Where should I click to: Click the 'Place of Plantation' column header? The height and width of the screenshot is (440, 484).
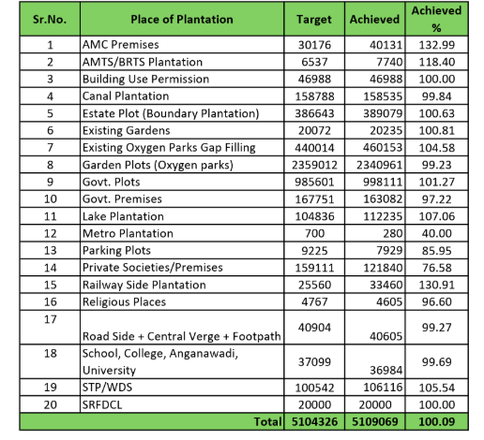click(182, 20)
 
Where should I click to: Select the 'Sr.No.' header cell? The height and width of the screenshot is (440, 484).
click(50, 20)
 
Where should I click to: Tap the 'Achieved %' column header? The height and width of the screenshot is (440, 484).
click(436, 19)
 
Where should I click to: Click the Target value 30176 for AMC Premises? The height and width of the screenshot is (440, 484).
click(314, 45)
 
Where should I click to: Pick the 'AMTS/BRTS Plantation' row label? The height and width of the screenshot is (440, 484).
click(143, 62)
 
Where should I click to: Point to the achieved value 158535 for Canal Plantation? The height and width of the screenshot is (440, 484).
click(383, 96)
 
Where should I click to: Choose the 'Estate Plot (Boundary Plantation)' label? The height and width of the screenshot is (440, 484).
click(171, 113)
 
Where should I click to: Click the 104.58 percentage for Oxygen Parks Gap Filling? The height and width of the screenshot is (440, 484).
click(436, 148)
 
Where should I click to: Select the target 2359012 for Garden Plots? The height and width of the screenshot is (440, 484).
click(314, 165)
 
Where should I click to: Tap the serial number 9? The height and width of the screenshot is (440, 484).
click(50, 182)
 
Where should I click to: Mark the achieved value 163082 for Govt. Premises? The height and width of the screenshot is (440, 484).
click(383, 199)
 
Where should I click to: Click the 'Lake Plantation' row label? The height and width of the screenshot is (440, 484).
click(123, 216)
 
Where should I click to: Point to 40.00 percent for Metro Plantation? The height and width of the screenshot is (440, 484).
click(436, 233)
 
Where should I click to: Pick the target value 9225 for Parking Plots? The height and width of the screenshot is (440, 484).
click(314, 251)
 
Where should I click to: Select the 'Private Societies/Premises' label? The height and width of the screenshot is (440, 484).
click(153, 268)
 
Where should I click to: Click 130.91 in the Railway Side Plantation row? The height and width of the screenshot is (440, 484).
click(436, 285)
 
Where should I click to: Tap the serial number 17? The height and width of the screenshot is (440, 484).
click(50, 319)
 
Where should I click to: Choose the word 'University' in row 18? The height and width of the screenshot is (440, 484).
click(109, 371)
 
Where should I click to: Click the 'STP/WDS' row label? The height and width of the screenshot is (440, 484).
click(107, 388)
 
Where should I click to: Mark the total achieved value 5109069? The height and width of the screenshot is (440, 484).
click(375, 422)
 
